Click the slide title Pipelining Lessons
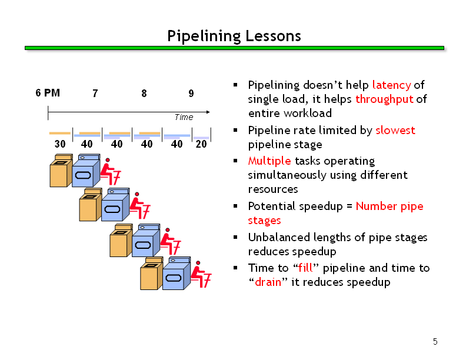tap(234, 36)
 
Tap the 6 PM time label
tap(48, 93)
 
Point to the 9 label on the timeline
tap(191, 94)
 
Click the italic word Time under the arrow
tap(184, 117)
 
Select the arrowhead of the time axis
tap(208, 112)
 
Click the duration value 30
tap(60, 144)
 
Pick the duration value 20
tap(201, 144)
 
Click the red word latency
tap(391, 85)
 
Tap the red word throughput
tap(384, 99)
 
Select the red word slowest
tap(395, 131)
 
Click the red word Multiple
tap(269, 161)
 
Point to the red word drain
tap(268, 282)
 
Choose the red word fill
tap(305, 268)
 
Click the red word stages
tap(265, 221)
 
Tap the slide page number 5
tap(435, 342)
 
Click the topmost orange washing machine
tap(61, 171)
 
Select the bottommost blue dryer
tap(177, 274)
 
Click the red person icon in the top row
tap(110, 171)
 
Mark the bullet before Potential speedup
tap(235, 206)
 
